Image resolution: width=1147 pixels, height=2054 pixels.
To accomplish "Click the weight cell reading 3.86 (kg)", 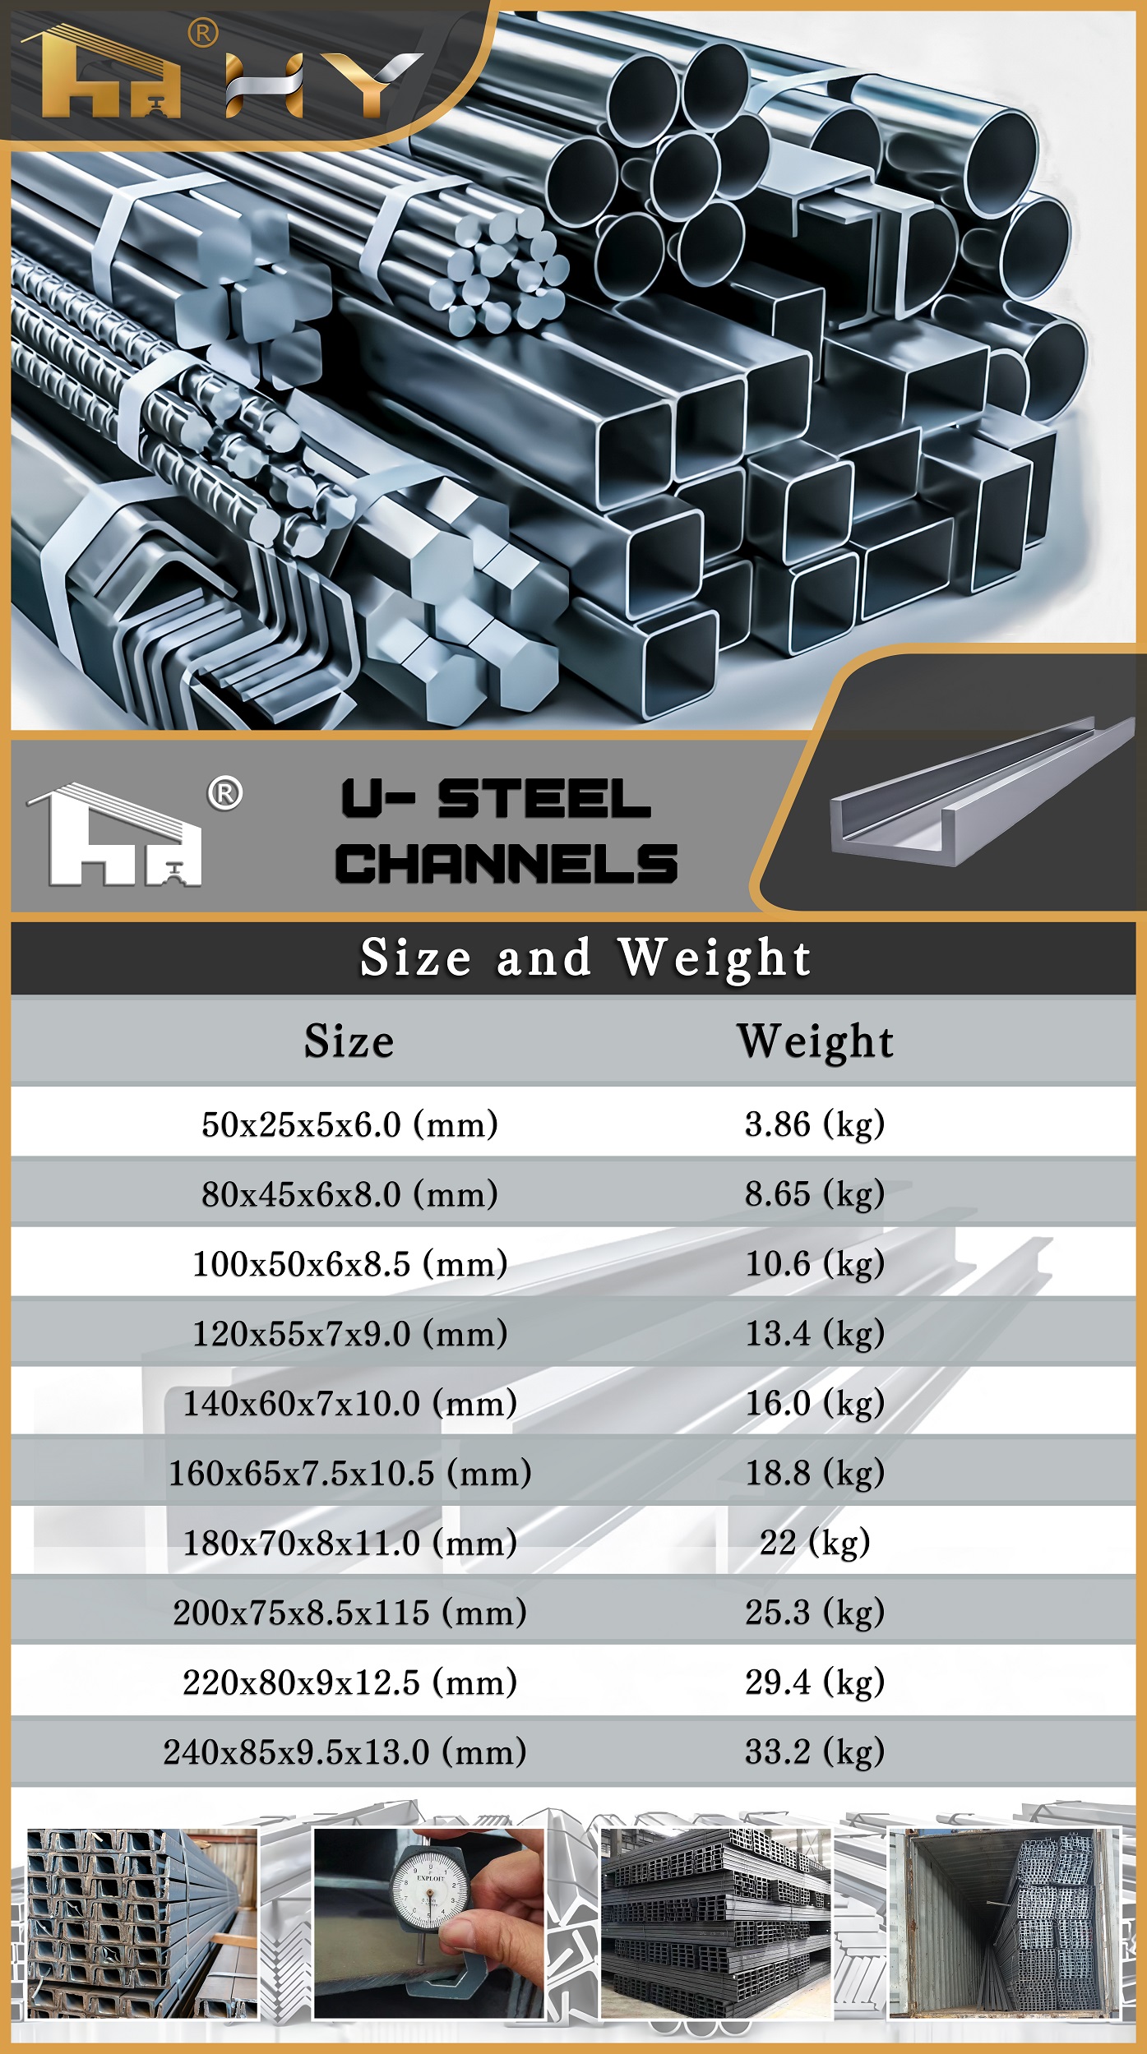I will (814, 1124).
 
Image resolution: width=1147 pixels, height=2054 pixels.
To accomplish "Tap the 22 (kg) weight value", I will (814, 1543).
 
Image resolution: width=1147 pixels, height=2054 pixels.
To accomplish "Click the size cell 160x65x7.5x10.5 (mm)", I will (349, 1473).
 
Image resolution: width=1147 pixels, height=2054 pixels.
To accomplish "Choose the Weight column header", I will (814, 1041).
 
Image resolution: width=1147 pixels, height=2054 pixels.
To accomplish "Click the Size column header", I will (349, 1041).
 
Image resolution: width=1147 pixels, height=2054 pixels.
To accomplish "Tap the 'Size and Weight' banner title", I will (585, 958).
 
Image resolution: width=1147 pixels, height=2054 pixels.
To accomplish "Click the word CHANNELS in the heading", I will (506, 864).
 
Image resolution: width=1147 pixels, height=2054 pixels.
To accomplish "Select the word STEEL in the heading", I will (543, 799).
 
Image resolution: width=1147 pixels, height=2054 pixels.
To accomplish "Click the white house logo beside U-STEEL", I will (115, 836).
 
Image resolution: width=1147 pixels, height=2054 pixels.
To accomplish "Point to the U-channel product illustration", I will (978, 793).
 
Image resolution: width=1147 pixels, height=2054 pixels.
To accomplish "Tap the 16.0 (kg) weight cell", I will (814, 1403).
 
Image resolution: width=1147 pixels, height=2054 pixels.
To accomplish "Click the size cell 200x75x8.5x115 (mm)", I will (349, 1613).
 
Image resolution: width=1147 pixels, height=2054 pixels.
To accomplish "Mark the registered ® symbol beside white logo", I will (224, 794).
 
